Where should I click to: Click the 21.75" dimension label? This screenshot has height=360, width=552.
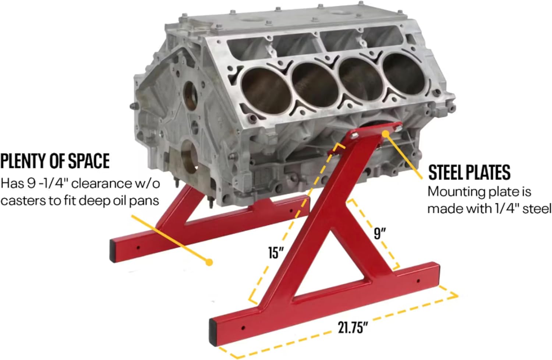click(353, 328)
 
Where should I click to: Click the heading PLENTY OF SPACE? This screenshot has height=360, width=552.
click(55, 161)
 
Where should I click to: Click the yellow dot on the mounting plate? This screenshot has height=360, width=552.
click(386, 134)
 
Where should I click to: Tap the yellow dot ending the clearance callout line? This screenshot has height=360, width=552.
click(209, 262)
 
